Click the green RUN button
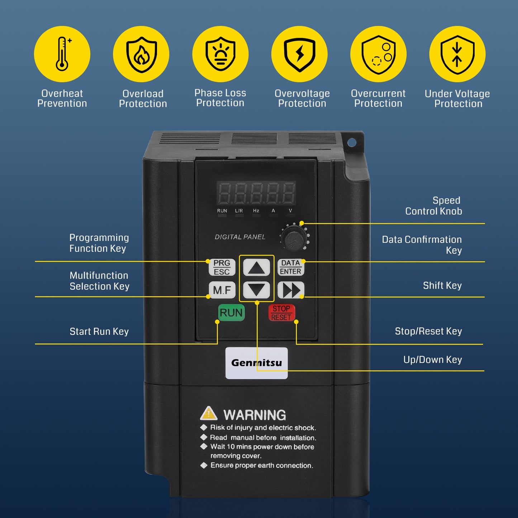click(x=231, y=313)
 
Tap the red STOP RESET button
click(x=281, y=313)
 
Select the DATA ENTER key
click(x=291, y=267)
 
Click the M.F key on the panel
click(x=222, y=290)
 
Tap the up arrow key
click(x=256, y=267)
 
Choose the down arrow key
click(x=256, y=290)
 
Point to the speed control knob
click(x=294, y=238)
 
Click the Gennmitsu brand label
click(x=256, y=363)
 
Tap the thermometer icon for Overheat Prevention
click(x=62, y=54)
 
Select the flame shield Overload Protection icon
click(x=141, y=54)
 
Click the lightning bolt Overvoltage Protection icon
click(x=299, y=54)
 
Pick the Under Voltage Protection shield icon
click(x=457, y=54)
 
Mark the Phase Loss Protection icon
click(x=220, y=54)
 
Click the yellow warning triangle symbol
click(x=209, y=413)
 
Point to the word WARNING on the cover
click(x=255, y=415)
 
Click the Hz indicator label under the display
click(x=256, y=211)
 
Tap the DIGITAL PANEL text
click(x=240, y=237)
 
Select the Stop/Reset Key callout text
click(x=428, y=331)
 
